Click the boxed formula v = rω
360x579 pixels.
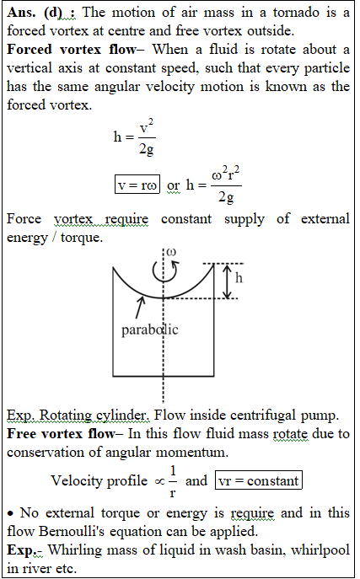tap(137, 185)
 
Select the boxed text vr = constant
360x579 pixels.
tap(259, 480)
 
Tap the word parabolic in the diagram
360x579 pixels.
tap(150, 330)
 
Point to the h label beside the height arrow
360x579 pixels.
tap(239, 277)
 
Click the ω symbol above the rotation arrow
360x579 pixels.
tap(171, 252)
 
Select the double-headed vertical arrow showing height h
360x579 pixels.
tap(228, 281)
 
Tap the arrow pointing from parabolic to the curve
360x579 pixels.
tap(140, 308)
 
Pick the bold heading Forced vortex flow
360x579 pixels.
tap(72, 50)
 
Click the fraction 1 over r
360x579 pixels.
tap(173, 481)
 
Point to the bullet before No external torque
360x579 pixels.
tap(12, 513)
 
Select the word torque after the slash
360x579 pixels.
tap(82, 238)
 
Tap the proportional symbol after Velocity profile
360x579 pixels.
tap(159, 481)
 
